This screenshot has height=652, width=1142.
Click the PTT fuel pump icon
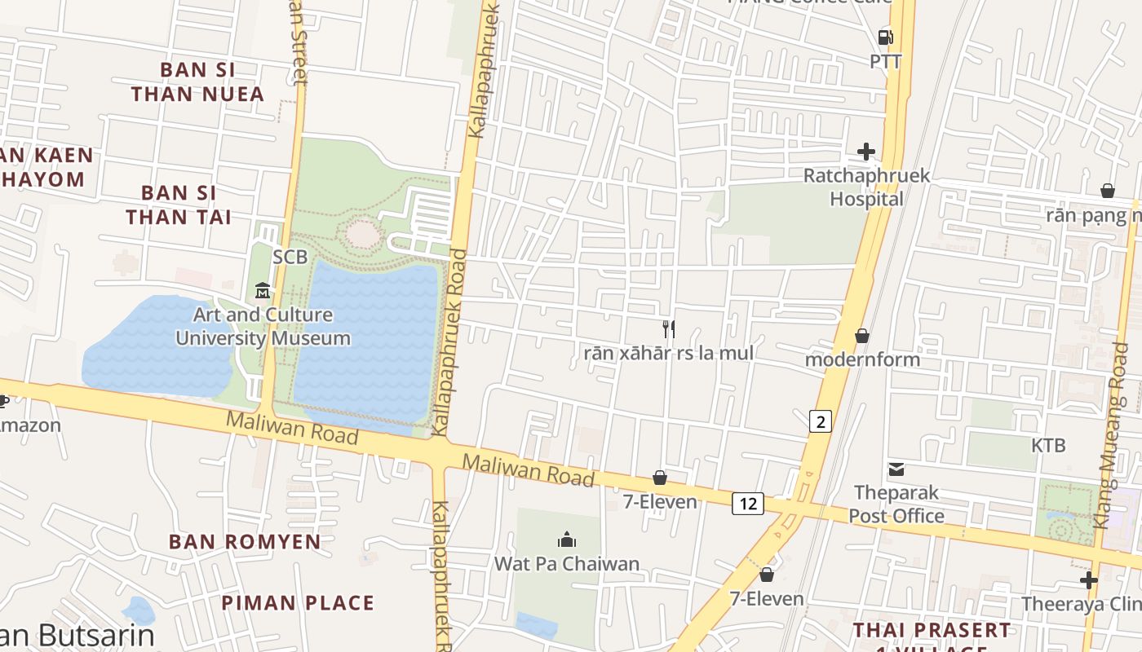click(x=885, y=37)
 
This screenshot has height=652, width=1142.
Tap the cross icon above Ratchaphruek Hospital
click(x=865, y=152)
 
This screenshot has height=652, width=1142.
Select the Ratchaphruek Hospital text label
click(x=855, y=187)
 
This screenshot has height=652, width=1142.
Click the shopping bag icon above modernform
click(x=861, y=336)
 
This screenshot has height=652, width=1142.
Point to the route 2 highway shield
click(x=821, y=421)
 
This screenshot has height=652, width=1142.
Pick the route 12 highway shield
click(x=747, y=504)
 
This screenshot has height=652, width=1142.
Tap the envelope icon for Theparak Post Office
click(x=896, y=469)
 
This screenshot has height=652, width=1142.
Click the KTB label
click(x=1048, y=446)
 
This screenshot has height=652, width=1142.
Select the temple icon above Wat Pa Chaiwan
click(x=567, y=540)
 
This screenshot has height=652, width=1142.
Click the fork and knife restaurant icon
click(x=668, y=329)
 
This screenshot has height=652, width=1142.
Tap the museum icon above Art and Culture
click(x=263, y=290)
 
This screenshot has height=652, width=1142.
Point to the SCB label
click(x=290, y=257)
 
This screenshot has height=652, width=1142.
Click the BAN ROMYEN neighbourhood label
click(x=245, y=542)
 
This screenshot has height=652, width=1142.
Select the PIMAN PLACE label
click(x=298, y=603)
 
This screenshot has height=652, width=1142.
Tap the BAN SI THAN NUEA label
click(x=198, y=81)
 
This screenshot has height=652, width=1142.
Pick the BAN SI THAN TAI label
click(x=179, y=205)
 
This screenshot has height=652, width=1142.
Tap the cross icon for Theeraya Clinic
click(x=1088, y=580)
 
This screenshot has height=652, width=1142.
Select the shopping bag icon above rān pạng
click(x=1107, y=191)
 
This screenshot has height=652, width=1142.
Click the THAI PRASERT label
click(x=932, y=631)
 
